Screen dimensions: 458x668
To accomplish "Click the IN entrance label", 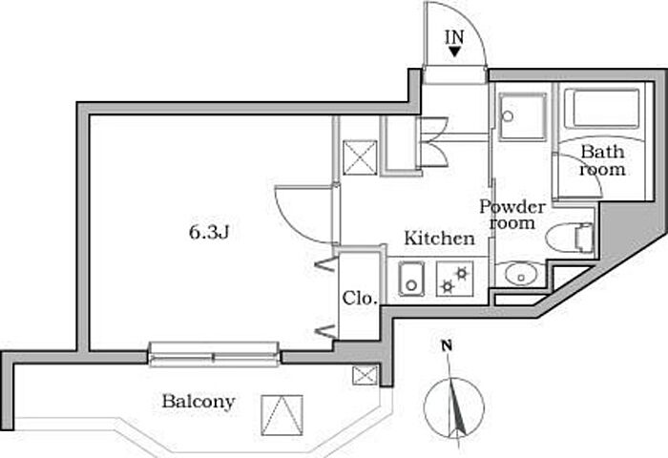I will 454,37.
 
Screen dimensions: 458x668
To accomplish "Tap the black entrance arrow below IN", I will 454,53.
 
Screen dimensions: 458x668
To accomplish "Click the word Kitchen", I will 438,239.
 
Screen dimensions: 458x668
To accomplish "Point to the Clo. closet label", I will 360,297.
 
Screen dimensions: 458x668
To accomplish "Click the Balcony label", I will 198,402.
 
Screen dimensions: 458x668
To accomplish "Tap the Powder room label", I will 511,215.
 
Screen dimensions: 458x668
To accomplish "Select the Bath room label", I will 603,160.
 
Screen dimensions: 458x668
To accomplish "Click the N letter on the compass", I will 447,345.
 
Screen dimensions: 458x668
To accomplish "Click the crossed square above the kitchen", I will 361,157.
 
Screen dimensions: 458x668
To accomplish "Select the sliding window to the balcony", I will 215,356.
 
